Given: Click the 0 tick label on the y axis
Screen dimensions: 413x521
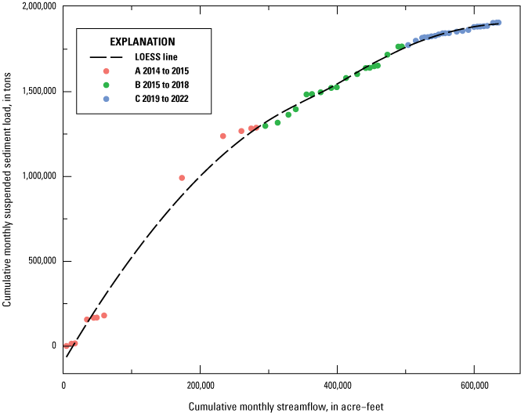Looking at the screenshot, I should pyautogui.click(x=55, y=346).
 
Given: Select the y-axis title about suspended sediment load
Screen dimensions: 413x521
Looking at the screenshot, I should pyautogui.click(x=8, y=184).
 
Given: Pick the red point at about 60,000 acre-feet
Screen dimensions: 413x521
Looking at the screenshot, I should pyautogui.click(x=104, y=316).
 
